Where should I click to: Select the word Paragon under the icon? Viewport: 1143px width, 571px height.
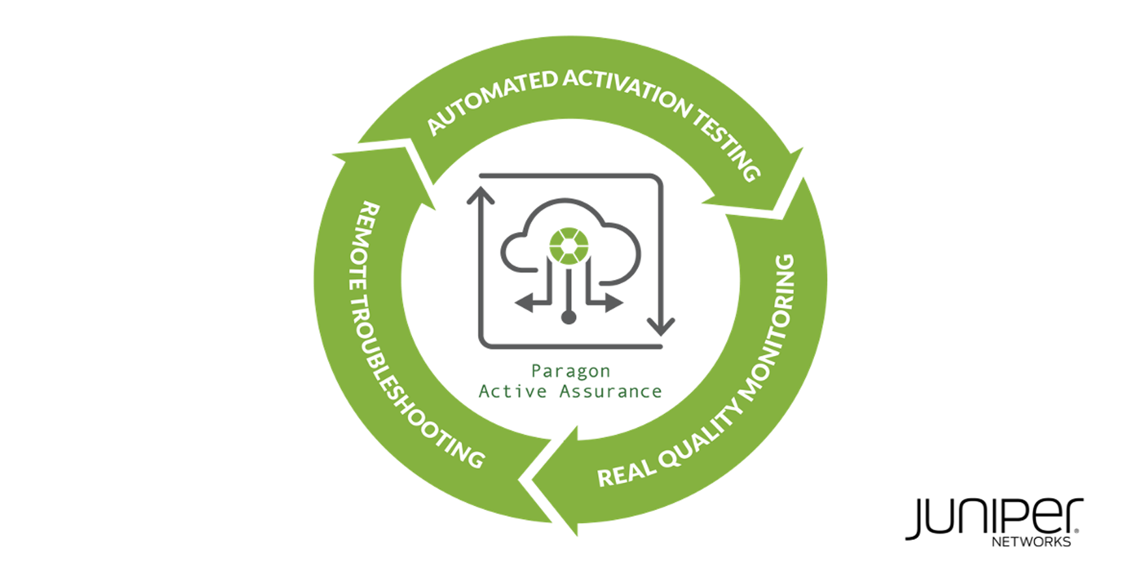click(x=570, y=371)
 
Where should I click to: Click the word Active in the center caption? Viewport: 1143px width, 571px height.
click(x=512, y=391)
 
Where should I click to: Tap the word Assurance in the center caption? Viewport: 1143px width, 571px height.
click(x=610, y=391)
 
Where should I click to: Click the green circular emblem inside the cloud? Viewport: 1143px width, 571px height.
click(x=568, y=245)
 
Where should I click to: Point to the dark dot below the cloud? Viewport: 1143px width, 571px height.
click(x=568, y=317)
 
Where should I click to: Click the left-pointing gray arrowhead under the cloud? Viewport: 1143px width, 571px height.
click(x=525, y=303)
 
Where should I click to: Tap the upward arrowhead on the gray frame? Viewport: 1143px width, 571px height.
click(x=481, y=195)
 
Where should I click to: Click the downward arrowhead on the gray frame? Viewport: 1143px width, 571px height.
click(x=661, y=326)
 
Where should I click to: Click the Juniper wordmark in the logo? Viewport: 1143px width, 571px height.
click(x=994, y=518)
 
